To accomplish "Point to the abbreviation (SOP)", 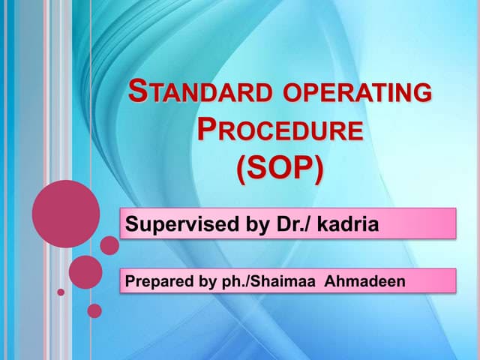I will [x=279, y=169].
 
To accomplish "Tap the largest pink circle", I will [x=65, y=214].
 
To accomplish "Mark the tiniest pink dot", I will [x=61, y=292].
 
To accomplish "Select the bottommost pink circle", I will [x=94, y=310].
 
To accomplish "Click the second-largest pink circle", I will [x=85, y=271].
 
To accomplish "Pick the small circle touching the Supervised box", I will [x=109, y=245].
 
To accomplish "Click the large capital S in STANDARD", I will [x=137, y=93].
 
